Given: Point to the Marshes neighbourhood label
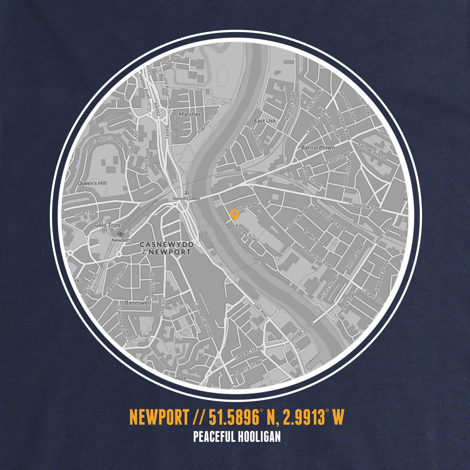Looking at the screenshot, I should (190, 114).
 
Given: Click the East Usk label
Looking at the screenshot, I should (265, 121).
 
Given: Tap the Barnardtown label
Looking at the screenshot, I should (318, 147).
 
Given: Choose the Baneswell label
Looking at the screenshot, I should (138, 303).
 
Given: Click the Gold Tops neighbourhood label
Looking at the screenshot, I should (107, 225).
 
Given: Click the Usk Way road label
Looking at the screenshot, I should (261, 310).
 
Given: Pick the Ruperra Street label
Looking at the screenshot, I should (248, 368).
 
